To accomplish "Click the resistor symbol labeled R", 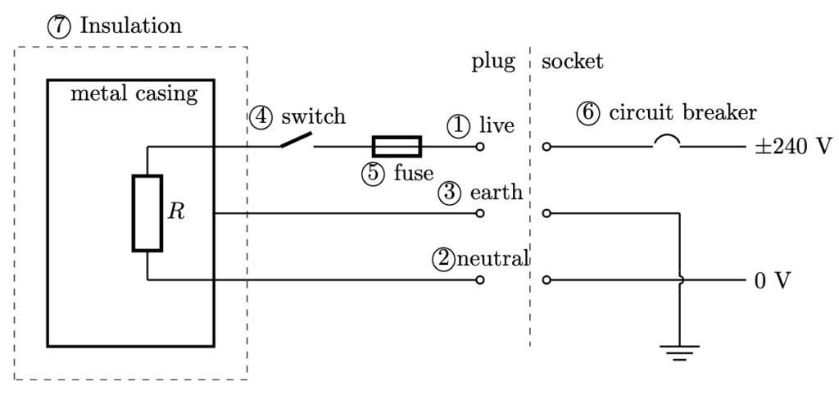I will coord(147,212).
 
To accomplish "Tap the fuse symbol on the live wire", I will coord(397,147).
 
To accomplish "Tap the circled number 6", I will coord(587,114).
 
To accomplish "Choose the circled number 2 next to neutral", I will coord(442,259).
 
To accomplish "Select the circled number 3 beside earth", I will coord(450,193).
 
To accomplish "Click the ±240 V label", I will coord(792,148).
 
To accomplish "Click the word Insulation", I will coord(131,26).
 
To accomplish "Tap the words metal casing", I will coord(134,93).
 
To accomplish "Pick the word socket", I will coord(573,62).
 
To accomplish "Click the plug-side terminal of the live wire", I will coord(480,148).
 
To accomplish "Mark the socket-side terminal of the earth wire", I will coord(546,214).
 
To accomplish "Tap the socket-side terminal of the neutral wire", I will coord(546,280).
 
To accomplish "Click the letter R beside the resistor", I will coord(175,212).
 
